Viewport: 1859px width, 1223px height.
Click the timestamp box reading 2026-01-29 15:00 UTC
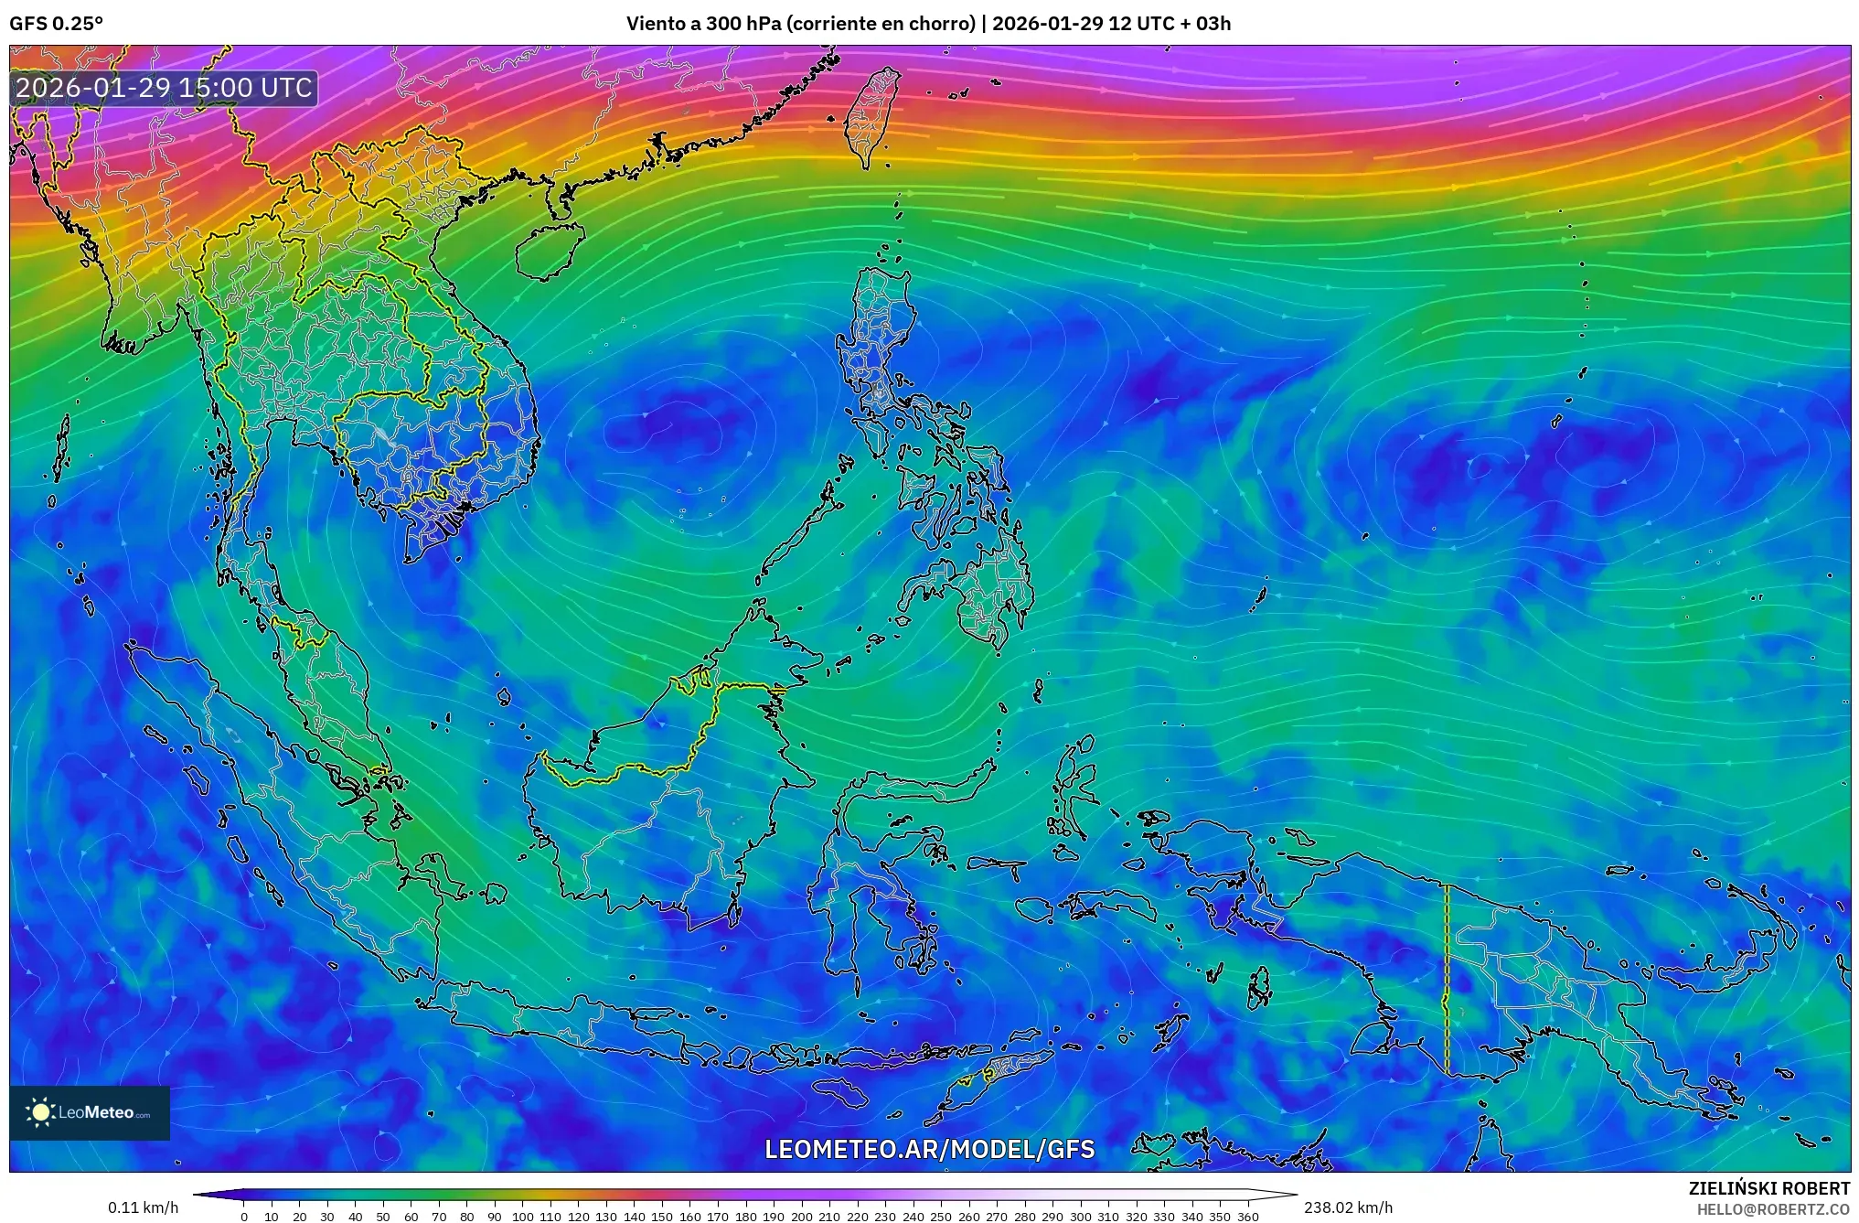tap(165, 88)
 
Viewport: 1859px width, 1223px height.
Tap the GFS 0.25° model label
tap(56, 24)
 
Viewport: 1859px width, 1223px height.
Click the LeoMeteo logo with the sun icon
tap(90, 1112)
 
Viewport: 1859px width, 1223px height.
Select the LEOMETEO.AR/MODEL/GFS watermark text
tap(929, 1149)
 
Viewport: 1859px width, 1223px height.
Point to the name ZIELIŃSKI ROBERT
tap(1768, 1188)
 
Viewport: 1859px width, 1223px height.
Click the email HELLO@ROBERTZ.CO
tap(1773, 1209)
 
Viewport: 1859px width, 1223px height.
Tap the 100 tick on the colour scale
tap(522, 1217)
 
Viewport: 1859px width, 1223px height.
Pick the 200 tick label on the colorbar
tap(801, 1217)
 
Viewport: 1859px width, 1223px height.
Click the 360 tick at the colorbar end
tap(1247, 1217)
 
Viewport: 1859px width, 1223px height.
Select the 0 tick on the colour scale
tap(244, 1217)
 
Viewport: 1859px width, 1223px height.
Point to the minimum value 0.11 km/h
tap(143, 1207)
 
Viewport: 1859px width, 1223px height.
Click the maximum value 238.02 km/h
tap(1348, 1207)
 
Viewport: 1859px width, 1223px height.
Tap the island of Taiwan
tap(871, 117)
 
